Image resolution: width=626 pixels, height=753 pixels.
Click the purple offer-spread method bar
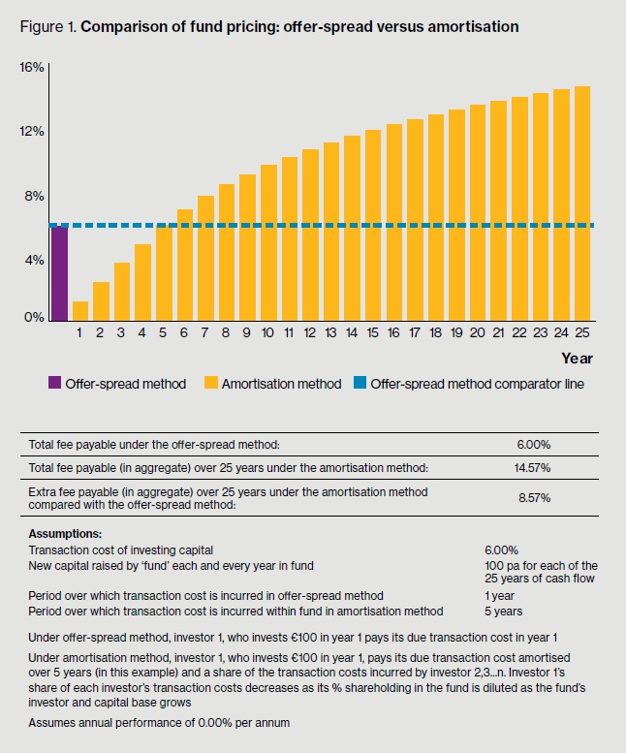[x=59, y=273]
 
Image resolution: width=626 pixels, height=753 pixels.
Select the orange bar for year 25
[x=581, y=204]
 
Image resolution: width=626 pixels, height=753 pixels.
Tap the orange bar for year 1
[x=80, y=311]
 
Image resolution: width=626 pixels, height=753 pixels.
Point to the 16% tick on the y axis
[x=32, y=67]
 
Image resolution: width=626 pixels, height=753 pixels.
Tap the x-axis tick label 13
[x=330, y=333]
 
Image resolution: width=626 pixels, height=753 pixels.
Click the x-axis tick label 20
[x=477, y=333]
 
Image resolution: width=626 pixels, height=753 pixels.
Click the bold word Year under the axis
[x=577, y=359]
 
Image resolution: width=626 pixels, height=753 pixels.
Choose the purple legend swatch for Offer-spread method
[x=54, y=384]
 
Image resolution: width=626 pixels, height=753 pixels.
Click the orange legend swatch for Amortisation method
[x=210, y=384]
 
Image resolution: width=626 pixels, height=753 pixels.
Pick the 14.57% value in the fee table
[x=535, y=468]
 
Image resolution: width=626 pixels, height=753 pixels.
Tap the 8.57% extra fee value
[x=535, y=498]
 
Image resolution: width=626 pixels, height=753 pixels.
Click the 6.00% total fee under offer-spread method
[x=535, y=444]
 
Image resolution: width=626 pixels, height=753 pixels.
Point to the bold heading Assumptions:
[x=64, y=534]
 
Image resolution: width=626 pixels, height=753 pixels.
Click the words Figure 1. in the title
[x=48, y=26]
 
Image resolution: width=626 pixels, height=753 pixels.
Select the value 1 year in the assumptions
[x=499, y=595]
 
